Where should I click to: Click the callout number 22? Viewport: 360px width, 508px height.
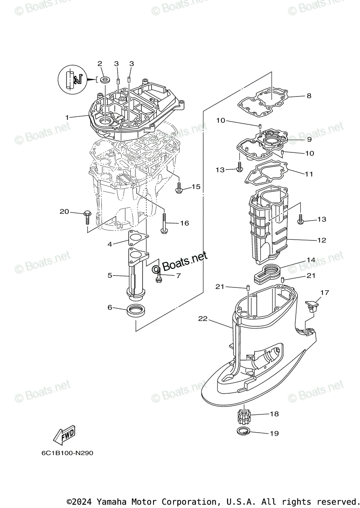tap(203, 318)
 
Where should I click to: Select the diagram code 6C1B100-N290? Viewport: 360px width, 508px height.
tap(67, 453)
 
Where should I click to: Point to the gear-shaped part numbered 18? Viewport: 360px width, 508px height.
tap(242, 415)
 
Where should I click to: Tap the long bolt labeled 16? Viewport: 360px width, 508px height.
tap(164, 222)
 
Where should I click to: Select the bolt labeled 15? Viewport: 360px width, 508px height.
tap(179, 188)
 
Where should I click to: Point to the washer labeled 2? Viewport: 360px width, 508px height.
tap(104, 79)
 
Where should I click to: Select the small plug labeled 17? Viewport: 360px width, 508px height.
tap(312, 306)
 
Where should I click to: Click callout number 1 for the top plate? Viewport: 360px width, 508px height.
tap(66, 116)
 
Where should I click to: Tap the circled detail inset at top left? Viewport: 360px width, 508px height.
tap(71, 79)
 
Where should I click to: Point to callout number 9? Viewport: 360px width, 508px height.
tap(309, 139)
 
